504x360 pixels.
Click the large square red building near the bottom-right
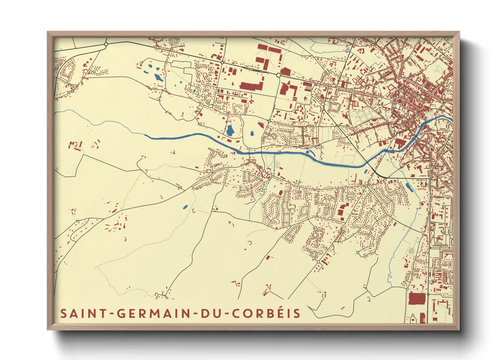click(417, 298)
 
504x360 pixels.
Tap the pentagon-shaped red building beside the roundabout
click(285, 71)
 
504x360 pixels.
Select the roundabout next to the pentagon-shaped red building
click(278, 75)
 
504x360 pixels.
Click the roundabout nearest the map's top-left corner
click(106, 44)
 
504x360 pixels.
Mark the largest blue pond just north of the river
click(230, 130)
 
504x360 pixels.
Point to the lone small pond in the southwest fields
click(185, 207)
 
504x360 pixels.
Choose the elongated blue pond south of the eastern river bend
click(408, 186)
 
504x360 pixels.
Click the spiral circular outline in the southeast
click(411, 251)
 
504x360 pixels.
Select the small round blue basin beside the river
click(308, 152)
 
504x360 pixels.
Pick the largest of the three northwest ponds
click(158, 77)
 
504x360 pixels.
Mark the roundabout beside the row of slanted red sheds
click(318, 262)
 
